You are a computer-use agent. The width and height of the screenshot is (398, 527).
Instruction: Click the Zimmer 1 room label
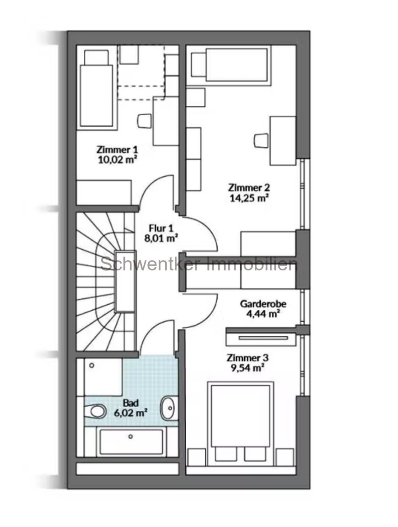(x=117, y=150)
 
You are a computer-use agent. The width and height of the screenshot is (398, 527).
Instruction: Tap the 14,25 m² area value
(x=249, y=198)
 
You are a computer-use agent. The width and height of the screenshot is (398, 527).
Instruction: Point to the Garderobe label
(x=263, y=304)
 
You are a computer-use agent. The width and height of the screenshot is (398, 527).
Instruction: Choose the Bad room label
(x=131, y=403)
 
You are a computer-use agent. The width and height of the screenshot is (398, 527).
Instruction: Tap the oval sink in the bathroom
(x=168, y=408)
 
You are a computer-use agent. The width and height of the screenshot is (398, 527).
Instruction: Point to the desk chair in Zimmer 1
(x=144, y=121)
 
